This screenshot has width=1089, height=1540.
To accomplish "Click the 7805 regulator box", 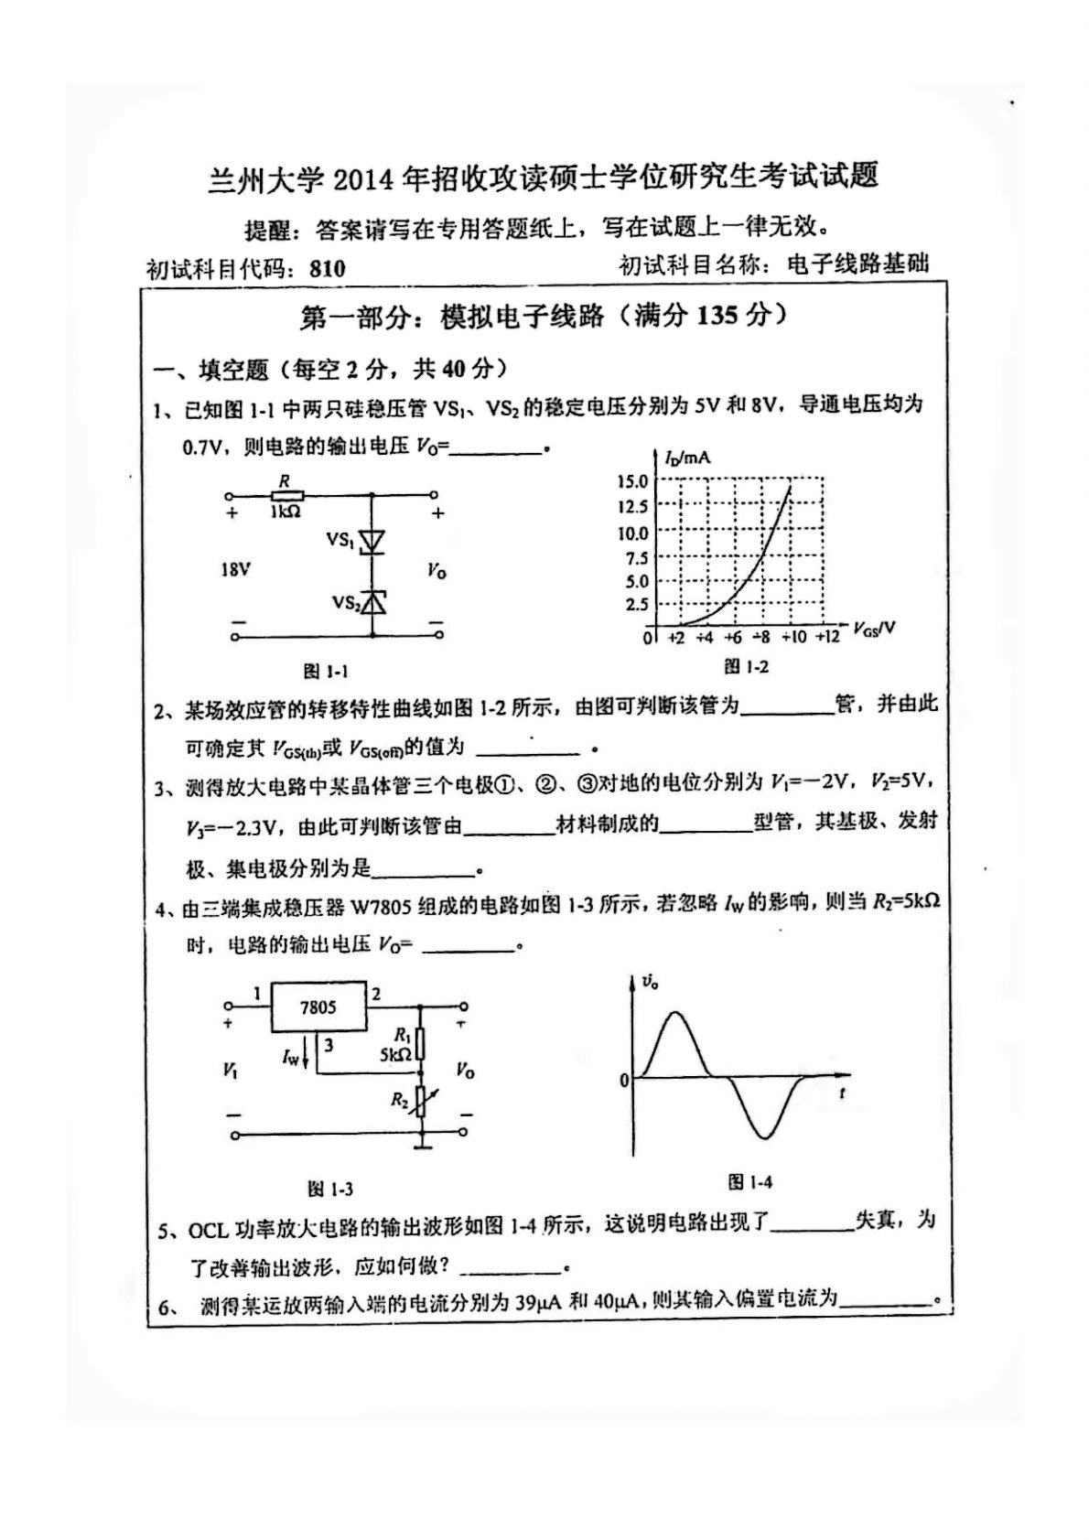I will [318, 1007].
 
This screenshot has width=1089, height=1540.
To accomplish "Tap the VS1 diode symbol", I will [372, 542].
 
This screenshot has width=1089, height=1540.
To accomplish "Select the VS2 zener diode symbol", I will [372, 602].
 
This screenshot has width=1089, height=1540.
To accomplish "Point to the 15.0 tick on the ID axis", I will [632, 481].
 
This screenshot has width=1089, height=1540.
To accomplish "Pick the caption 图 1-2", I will [746, 667].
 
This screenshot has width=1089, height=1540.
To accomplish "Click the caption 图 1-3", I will [330, 1189].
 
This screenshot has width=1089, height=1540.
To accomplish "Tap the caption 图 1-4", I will [749, 1182].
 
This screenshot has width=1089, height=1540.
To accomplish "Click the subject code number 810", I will [327, 268].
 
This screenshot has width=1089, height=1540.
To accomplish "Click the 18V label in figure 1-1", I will [234, 570].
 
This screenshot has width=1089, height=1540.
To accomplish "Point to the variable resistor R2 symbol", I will [421, 1102].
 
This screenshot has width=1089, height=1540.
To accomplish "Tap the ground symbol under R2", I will [421, 1144].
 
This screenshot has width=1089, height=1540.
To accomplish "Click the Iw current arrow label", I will [291, 1058].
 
